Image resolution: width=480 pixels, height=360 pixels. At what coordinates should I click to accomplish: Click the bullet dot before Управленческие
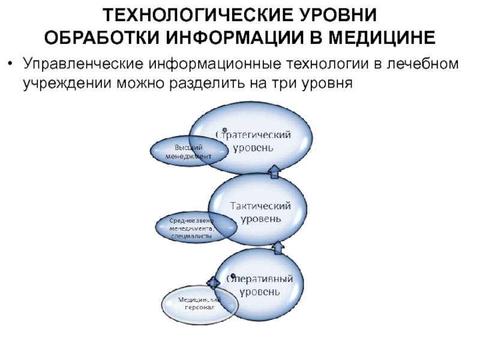[x=12, y=63]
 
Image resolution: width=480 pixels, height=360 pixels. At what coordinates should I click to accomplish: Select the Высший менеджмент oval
[x=188, y=151]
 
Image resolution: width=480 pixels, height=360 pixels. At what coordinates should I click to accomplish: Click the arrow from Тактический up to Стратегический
[x=274, y=172]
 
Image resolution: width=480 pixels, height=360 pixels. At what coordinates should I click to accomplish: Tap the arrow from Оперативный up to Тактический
[x=278, y=247]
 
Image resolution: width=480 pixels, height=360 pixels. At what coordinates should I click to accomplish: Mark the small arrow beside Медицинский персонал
[x=214, y=282]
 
